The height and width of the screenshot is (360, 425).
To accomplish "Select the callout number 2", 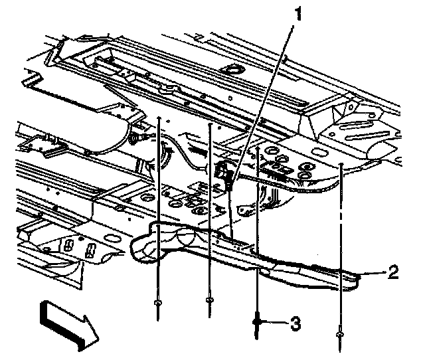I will pyautogui.click(x=392, y=271).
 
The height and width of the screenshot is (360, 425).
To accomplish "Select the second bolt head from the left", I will pyautogui.click(x=209, y=301).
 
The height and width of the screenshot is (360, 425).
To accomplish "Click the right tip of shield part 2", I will pyautogui.click(x=359, y=274).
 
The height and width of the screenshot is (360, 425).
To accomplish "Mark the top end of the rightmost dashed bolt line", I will pyautogui.click(x=341, y=163).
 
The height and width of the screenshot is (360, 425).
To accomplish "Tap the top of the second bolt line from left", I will pyautogui.click(x=209, y=124).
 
